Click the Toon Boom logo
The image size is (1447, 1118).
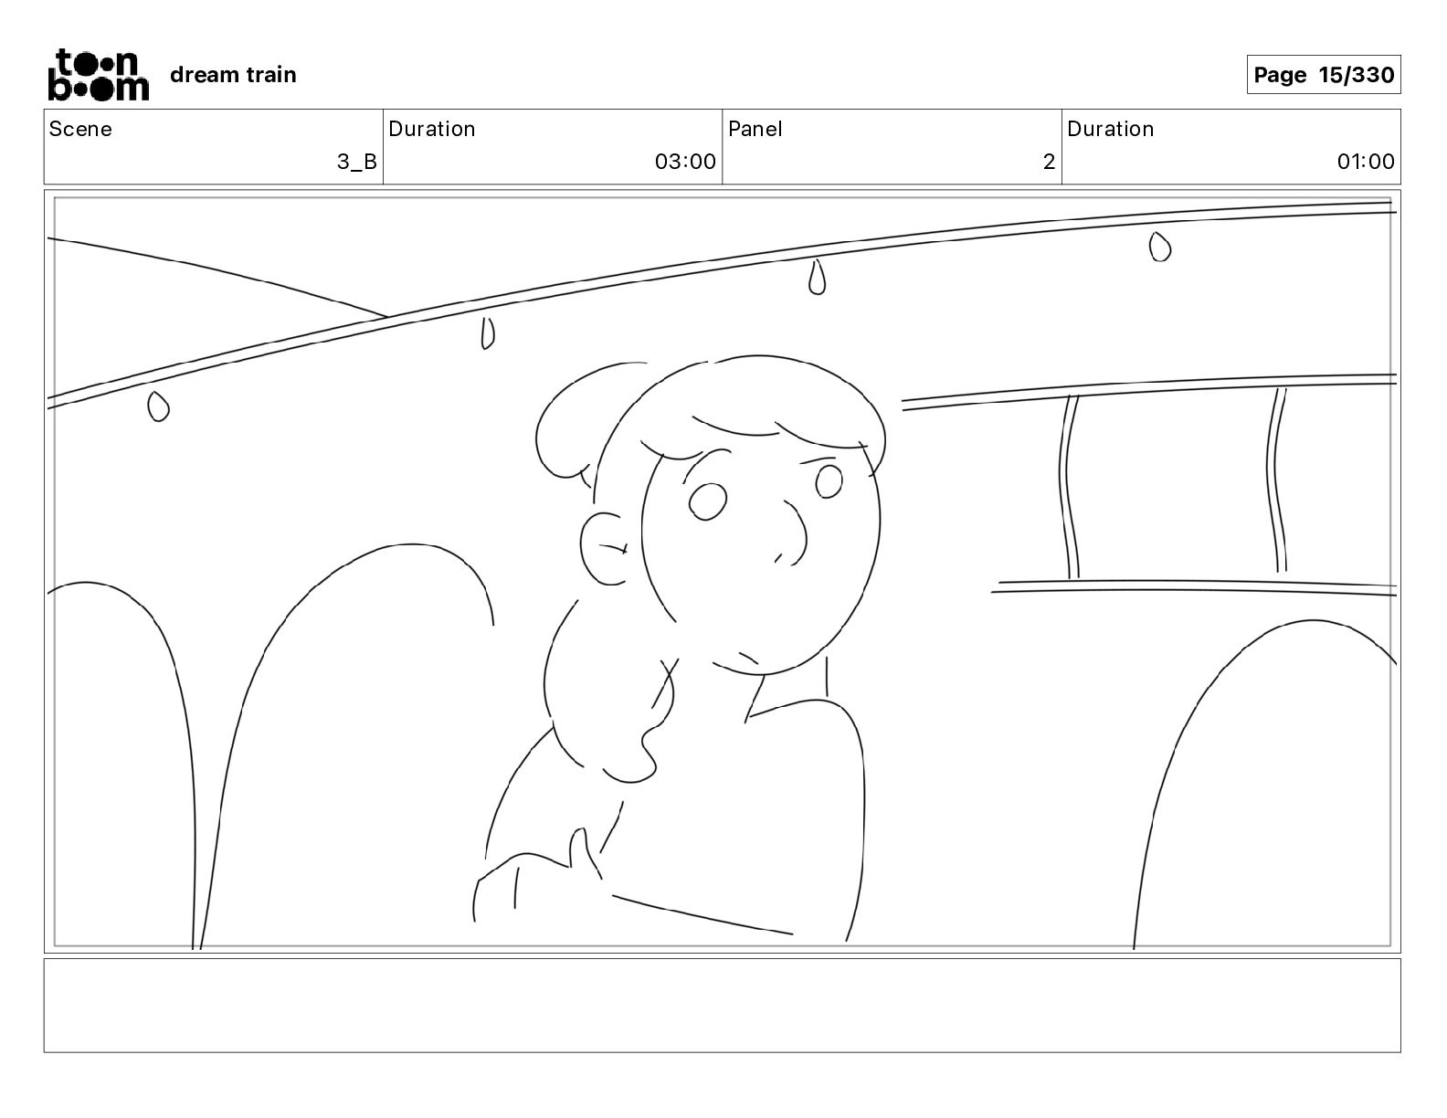coord(100,75)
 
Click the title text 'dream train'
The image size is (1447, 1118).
coord(233,75)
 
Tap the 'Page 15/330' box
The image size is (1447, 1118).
coord(1323,75)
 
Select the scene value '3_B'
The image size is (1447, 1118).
coord(357,162)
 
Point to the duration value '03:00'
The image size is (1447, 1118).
coord(685,161)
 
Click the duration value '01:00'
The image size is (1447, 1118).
coord(1366,161)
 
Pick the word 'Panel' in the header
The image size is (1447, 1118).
coord(755,129)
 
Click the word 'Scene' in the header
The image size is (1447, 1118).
coord(80,129)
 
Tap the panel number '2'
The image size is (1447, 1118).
coord(1049,162)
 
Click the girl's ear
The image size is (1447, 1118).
coord(603,549)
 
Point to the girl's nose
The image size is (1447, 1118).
coord(794,533)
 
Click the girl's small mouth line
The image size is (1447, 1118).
coord(747,659)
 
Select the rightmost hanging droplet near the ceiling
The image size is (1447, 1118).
coord(1159,247)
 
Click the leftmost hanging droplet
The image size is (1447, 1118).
coord(158,406)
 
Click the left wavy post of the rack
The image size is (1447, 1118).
coord(1069,487)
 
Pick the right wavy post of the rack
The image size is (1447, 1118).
coord(1277,480)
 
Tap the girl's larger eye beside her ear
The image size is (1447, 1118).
coord(707,501)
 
